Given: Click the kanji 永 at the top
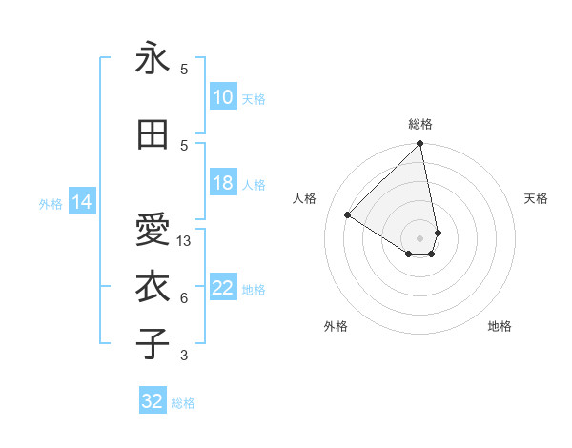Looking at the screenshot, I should click(153, 59).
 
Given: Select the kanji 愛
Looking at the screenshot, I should click(153, 230).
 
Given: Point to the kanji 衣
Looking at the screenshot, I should click(153, 287).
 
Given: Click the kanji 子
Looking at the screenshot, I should click(153, 344).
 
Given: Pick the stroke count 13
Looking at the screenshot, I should click(185, 241).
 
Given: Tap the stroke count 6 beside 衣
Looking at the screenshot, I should click(184, 298).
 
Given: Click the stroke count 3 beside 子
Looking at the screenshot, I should click(184, 356).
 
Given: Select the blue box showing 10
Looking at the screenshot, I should click(222, 97).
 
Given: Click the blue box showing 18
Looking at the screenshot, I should click(222, 183).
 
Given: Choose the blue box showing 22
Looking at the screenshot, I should click(222, 288).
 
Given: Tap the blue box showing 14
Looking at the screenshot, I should click(81, 202).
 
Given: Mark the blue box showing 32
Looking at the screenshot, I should click(153, 401).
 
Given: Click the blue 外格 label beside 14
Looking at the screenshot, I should click(51, 203).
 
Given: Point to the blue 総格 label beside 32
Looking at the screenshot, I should click(183, 403).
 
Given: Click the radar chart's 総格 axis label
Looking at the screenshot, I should click(420, 124).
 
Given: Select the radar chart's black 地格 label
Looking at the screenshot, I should click(500, 326).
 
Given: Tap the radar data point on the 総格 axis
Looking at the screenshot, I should click(419, 144).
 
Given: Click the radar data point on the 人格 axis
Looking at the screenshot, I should click(348, 214).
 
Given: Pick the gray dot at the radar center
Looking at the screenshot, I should click(419, 237).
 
